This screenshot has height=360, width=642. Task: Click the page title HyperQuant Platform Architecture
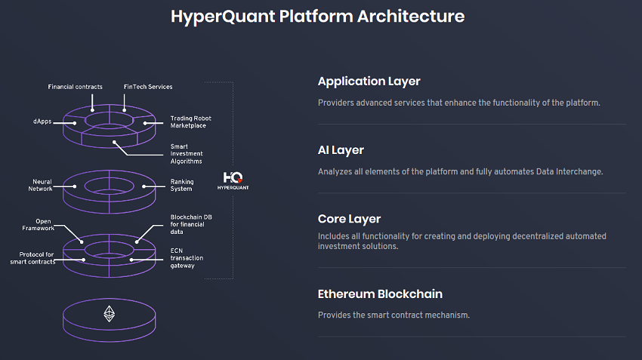317,16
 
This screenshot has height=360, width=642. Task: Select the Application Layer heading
369,82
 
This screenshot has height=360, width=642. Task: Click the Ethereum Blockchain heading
380,294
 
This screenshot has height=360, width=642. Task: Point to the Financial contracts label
75,87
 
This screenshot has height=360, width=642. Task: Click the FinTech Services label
148,87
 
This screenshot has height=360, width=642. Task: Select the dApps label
42,122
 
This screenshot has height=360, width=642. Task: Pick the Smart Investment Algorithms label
187,154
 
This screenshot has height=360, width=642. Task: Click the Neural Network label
41,185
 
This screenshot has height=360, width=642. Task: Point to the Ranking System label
182,185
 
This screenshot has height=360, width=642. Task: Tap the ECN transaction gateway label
187,257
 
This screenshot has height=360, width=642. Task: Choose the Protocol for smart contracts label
32,258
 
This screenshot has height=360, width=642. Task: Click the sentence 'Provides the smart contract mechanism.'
394,315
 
